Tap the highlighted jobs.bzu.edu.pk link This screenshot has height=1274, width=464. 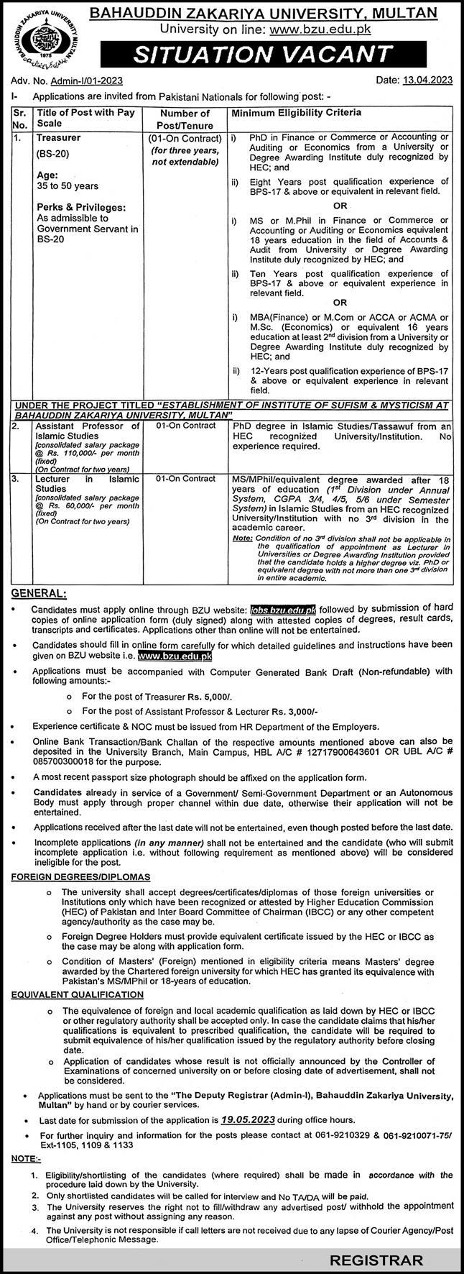pos(287,609)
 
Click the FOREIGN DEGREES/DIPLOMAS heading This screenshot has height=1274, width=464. pos(80,877)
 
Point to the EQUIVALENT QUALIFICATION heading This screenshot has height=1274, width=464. pos(77,994)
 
